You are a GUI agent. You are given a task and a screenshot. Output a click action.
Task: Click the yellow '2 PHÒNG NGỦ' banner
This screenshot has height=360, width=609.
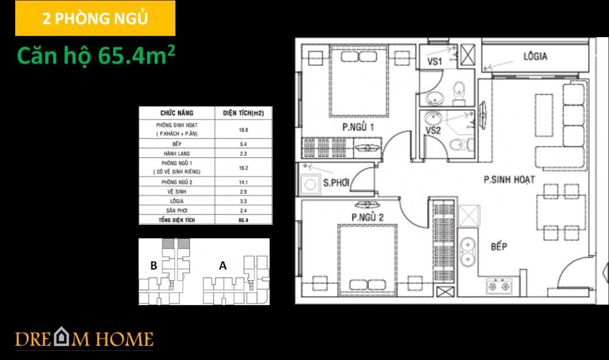(x=95, y=18)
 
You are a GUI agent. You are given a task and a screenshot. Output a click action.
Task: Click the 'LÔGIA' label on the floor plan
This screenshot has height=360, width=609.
(x=535, y=57)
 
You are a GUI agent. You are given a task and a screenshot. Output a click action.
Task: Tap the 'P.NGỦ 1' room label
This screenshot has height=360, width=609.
(x=357, y=127)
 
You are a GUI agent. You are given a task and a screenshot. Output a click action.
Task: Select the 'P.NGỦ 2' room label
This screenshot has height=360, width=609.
(x=366, y=217)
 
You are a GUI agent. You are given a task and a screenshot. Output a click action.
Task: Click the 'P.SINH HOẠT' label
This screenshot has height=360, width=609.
(x=509, y=180)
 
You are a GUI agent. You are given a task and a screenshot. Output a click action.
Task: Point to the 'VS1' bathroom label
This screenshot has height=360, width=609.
(x=434, y=62)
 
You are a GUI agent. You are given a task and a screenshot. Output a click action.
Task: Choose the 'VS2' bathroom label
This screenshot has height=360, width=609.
(x=433, y=130)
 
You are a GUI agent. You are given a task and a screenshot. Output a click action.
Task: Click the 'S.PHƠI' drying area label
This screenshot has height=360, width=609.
(x=336, y=183)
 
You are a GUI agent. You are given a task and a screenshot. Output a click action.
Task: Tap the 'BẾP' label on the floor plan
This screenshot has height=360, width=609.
(x=499, y=247)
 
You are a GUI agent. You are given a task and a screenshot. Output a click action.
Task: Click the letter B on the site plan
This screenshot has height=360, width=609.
(x=154, y=265)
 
